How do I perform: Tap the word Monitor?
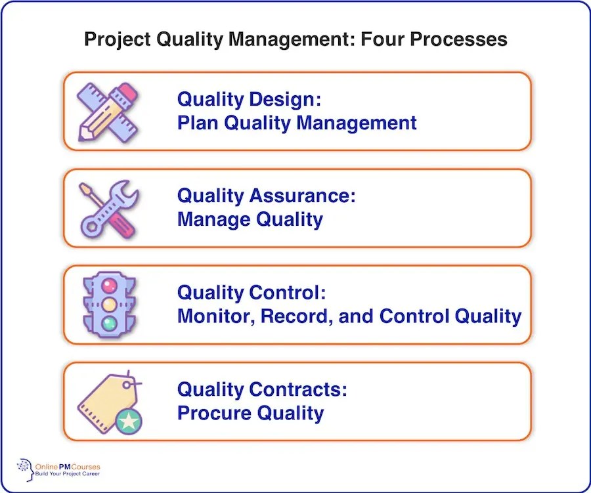pyautogui.click(x=215, y=316)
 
